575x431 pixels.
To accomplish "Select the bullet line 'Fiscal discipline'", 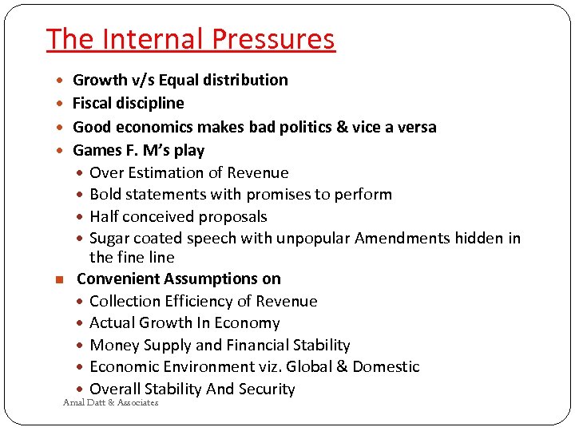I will click(128, 103).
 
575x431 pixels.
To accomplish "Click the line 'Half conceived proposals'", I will click(178, 216).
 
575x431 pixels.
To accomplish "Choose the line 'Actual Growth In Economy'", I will click(184, 322).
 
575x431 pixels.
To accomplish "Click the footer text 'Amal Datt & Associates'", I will click(110, 403).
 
